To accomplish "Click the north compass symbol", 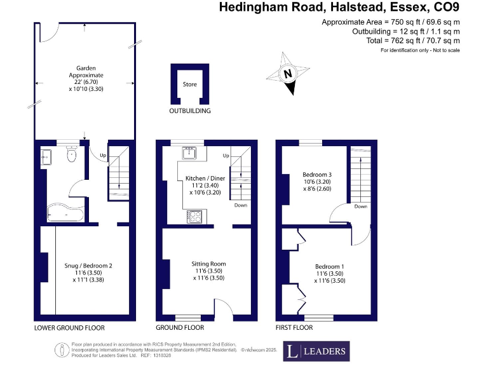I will [288, 75].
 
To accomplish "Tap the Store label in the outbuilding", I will [190, 84].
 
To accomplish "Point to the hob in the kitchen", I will [194, 217].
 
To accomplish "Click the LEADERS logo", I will [316, 351].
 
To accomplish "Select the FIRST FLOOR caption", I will [294, 328].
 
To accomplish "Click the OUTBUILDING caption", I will [189, 111].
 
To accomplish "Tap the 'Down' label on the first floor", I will [360, 207].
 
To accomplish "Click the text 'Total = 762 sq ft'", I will [391, 40].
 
